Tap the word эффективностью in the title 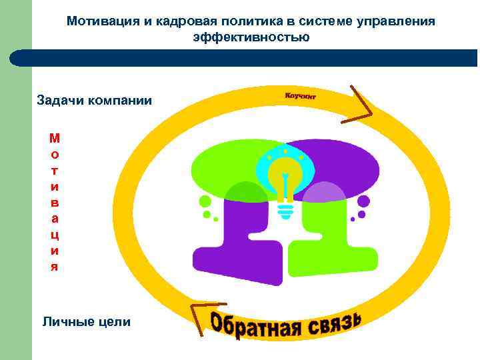pyautogui.click(x=251, y=37)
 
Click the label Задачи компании pyautogui.click(x=94, y=101)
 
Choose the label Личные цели pyautogui.click(x=87, y=322)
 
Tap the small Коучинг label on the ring pyautogui.click(x=301, y=96)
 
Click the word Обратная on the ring pyautogui.click(x=258, y=325)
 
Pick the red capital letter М pyautogui.click(x=55, y=139)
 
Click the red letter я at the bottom pyautogui.click(x=55, y=267)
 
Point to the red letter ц pyautogui.click(x=55, y=235)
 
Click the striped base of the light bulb pyautogui.click(x=285, y=211)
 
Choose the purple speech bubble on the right pyautogui.click(x=347, y=163)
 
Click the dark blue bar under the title pyautogui.click(x=253, y=59)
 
